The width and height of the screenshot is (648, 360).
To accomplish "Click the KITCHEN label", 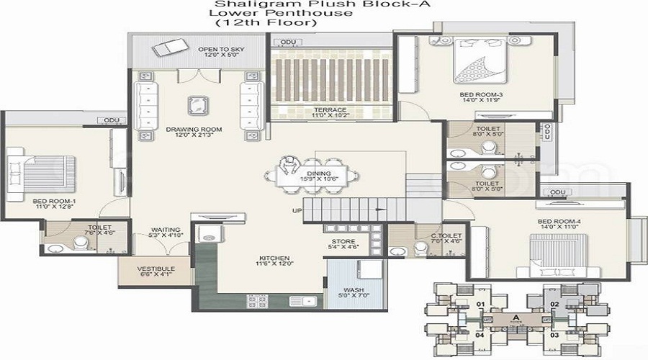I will point(275,257).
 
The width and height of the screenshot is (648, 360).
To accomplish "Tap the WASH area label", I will point(348,289).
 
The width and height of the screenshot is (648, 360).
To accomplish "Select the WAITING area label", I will point(166,230).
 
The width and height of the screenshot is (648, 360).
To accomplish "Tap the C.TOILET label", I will point(446,235).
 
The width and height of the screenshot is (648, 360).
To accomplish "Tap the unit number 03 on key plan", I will point(554,335).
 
